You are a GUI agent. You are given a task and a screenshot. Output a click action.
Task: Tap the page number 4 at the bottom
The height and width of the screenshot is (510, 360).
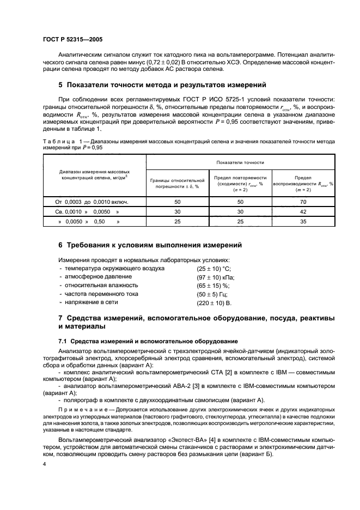pyautogui.click(x=45, y=464)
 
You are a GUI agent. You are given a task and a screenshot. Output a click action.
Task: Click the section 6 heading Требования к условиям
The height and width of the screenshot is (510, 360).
pyautogui.click(x=150, y=245)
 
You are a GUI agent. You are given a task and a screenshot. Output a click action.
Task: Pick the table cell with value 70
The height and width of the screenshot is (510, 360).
pyautogui.click(x=303, y=201)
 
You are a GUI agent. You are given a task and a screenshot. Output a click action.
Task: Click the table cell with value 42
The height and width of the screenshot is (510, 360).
pyautogui.click(x=303, y=211)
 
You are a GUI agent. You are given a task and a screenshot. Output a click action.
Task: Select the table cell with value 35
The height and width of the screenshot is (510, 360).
pyautogui.click(x=303, y=222)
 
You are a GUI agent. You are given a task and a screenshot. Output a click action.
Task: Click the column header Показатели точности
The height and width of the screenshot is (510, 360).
pyautogui.click(x=240, y=162)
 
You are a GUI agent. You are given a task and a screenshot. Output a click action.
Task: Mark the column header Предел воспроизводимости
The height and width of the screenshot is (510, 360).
pyautogui.click(x=303, y=183)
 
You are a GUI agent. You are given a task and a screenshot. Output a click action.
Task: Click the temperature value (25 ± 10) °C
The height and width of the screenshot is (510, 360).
pyautogui.click(x=213, y=269)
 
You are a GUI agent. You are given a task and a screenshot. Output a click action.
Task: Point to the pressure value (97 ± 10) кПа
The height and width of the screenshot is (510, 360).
pyautogui.click(x=215, y=277)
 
